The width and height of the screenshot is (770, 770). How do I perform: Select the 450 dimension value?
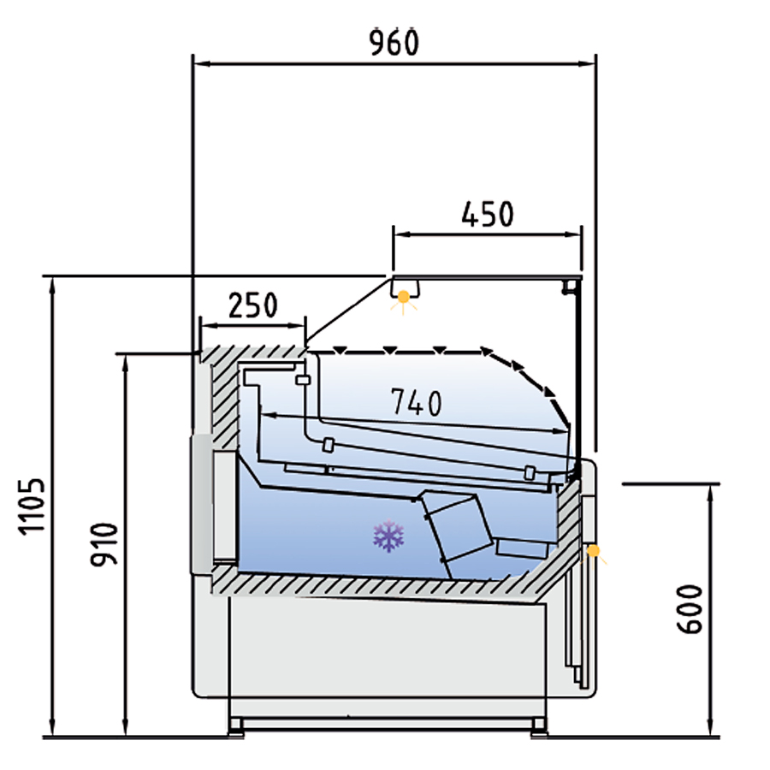488,214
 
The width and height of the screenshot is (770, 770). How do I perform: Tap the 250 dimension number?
253,305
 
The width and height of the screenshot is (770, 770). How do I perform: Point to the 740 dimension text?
417,402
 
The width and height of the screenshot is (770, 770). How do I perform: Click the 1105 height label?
33,506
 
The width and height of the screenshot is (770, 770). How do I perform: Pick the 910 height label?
104,544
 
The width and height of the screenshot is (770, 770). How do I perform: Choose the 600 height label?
690,609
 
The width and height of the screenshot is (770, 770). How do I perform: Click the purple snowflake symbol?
388,536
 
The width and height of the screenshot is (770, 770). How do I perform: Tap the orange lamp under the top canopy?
404,297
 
